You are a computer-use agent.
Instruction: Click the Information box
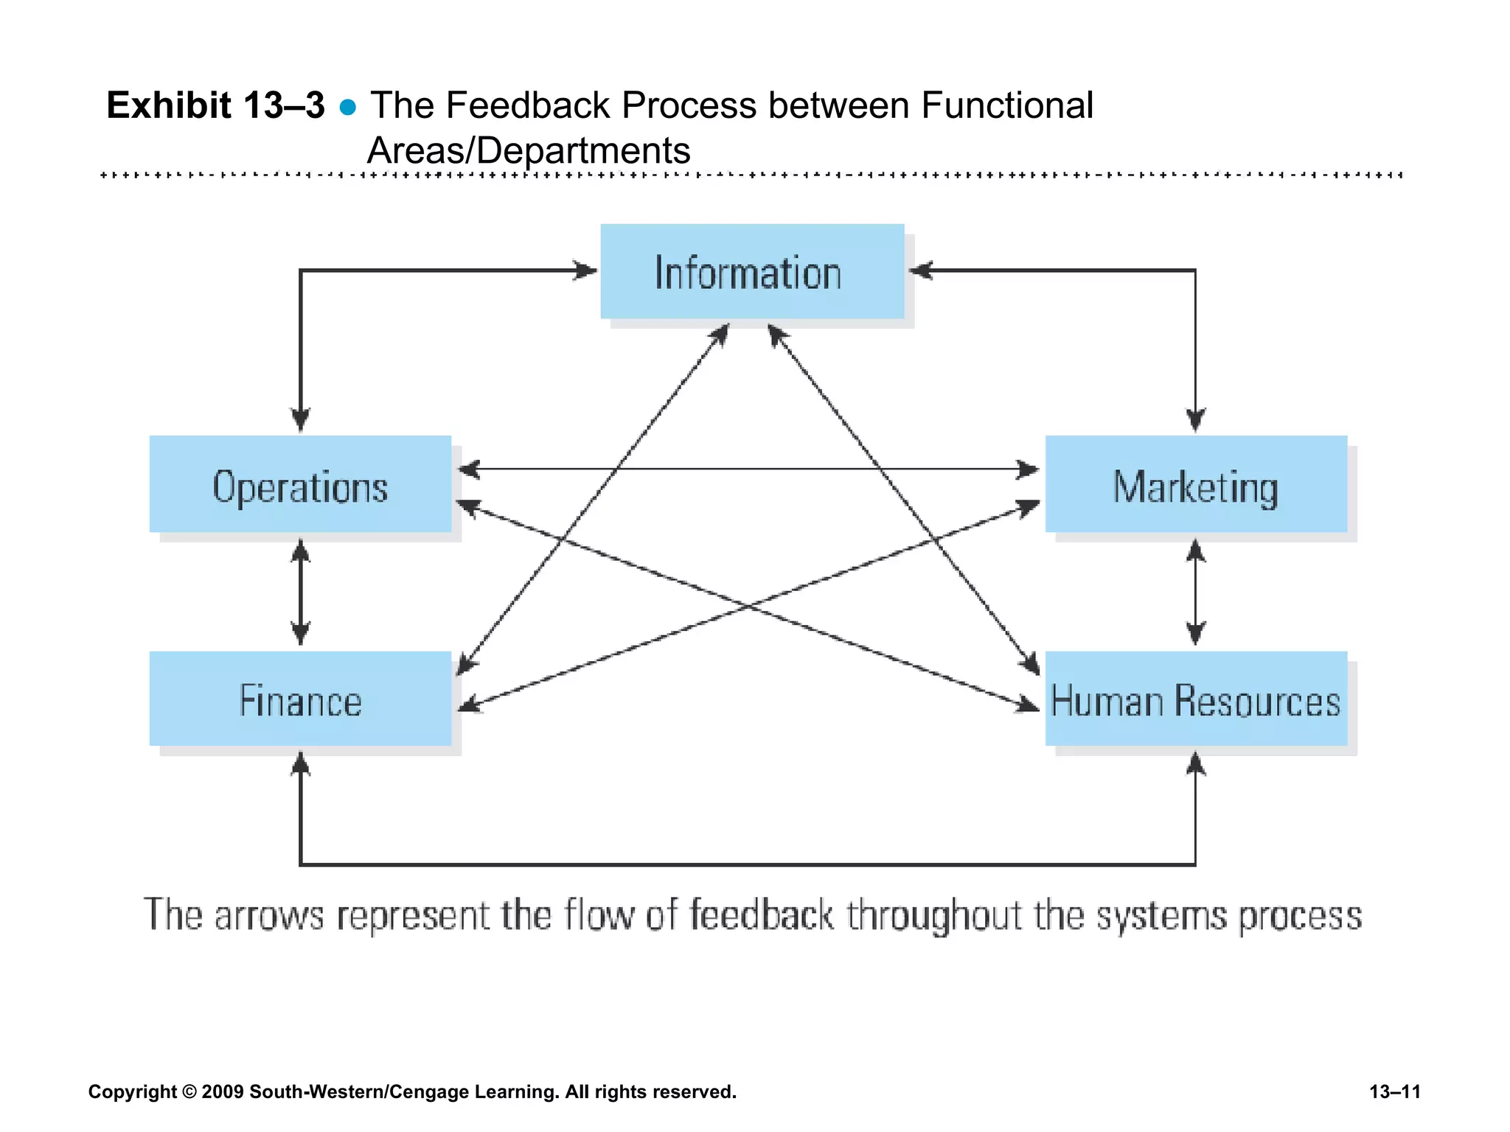pyautogui.click(x=752, y=271)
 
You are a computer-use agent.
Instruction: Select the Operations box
pyautogui.click(x=300, y=484)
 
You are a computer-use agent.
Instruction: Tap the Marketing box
pyautogui.click(x=1196, y=484)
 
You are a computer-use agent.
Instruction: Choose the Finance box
pyautogui.click(x=300, y=699)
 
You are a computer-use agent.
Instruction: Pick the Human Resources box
pyautogui.click(x=1196, y=699)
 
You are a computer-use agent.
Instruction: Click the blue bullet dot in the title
pyautogui.click(x=348, y=108)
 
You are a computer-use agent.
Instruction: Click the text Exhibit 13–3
pyautogui.click(x=215, y=105)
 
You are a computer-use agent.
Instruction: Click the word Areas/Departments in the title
pyautogui.click(x=529, y=150)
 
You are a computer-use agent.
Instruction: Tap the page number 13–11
pyautogui.click(x=1395, y=1091)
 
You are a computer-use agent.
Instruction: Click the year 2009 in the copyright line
pyautogui.click(x=222, y=1091)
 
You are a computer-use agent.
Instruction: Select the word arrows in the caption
pyautogui.click(x=269, y=916)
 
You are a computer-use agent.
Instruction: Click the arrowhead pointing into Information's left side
pyautogui.click(x=587, y=270)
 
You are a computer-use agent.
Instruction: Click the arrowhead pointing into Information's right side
pyautogui.click(x=919, y=270)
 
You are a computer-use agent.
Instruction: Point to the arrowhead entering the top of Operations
pyautogui.click(x=300, y=421)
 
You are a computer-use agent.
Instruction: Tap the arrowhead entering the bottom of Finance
pyautogui.click(x=300, y=763)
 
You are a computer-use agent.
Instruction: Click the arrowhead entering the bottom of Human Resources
pyautogui.click(x=1196, y=763)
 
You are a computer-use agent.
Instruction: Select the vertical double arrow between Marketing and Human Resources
pyautogui.click(x=1196, y=592)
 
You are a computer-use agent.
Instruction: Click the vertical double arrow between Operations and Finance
pyautogui.click(x=300, y=592)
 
